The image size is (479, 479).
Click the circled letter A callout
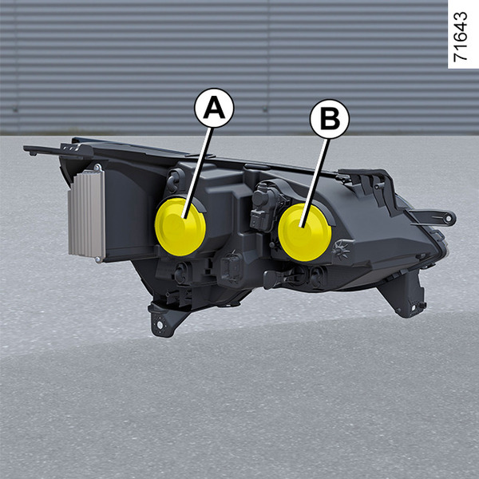214,108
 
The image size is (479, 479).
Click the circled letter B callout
330,119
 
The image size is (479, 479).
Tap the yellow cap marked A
180,227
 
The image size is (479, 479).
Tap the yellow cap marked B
305,232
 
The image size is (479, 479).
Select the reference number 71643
461,37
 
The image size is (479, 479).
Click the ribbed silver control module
87,214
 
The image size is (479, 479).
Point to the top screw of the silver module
97,168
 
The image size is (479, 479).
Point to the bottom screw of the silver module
97,259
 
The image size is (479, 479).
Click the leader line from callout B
315,183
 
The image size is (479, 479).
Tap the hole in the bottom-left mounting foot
160,325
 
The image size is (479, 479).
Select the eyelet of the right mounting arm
449,218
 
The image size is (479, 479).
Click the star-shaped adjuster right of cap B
341,249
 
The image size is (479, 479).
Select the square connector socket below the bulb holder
232,267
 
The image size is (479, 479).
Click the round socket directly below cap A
180,272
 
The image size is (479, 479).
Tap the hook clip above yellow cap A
174,181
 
